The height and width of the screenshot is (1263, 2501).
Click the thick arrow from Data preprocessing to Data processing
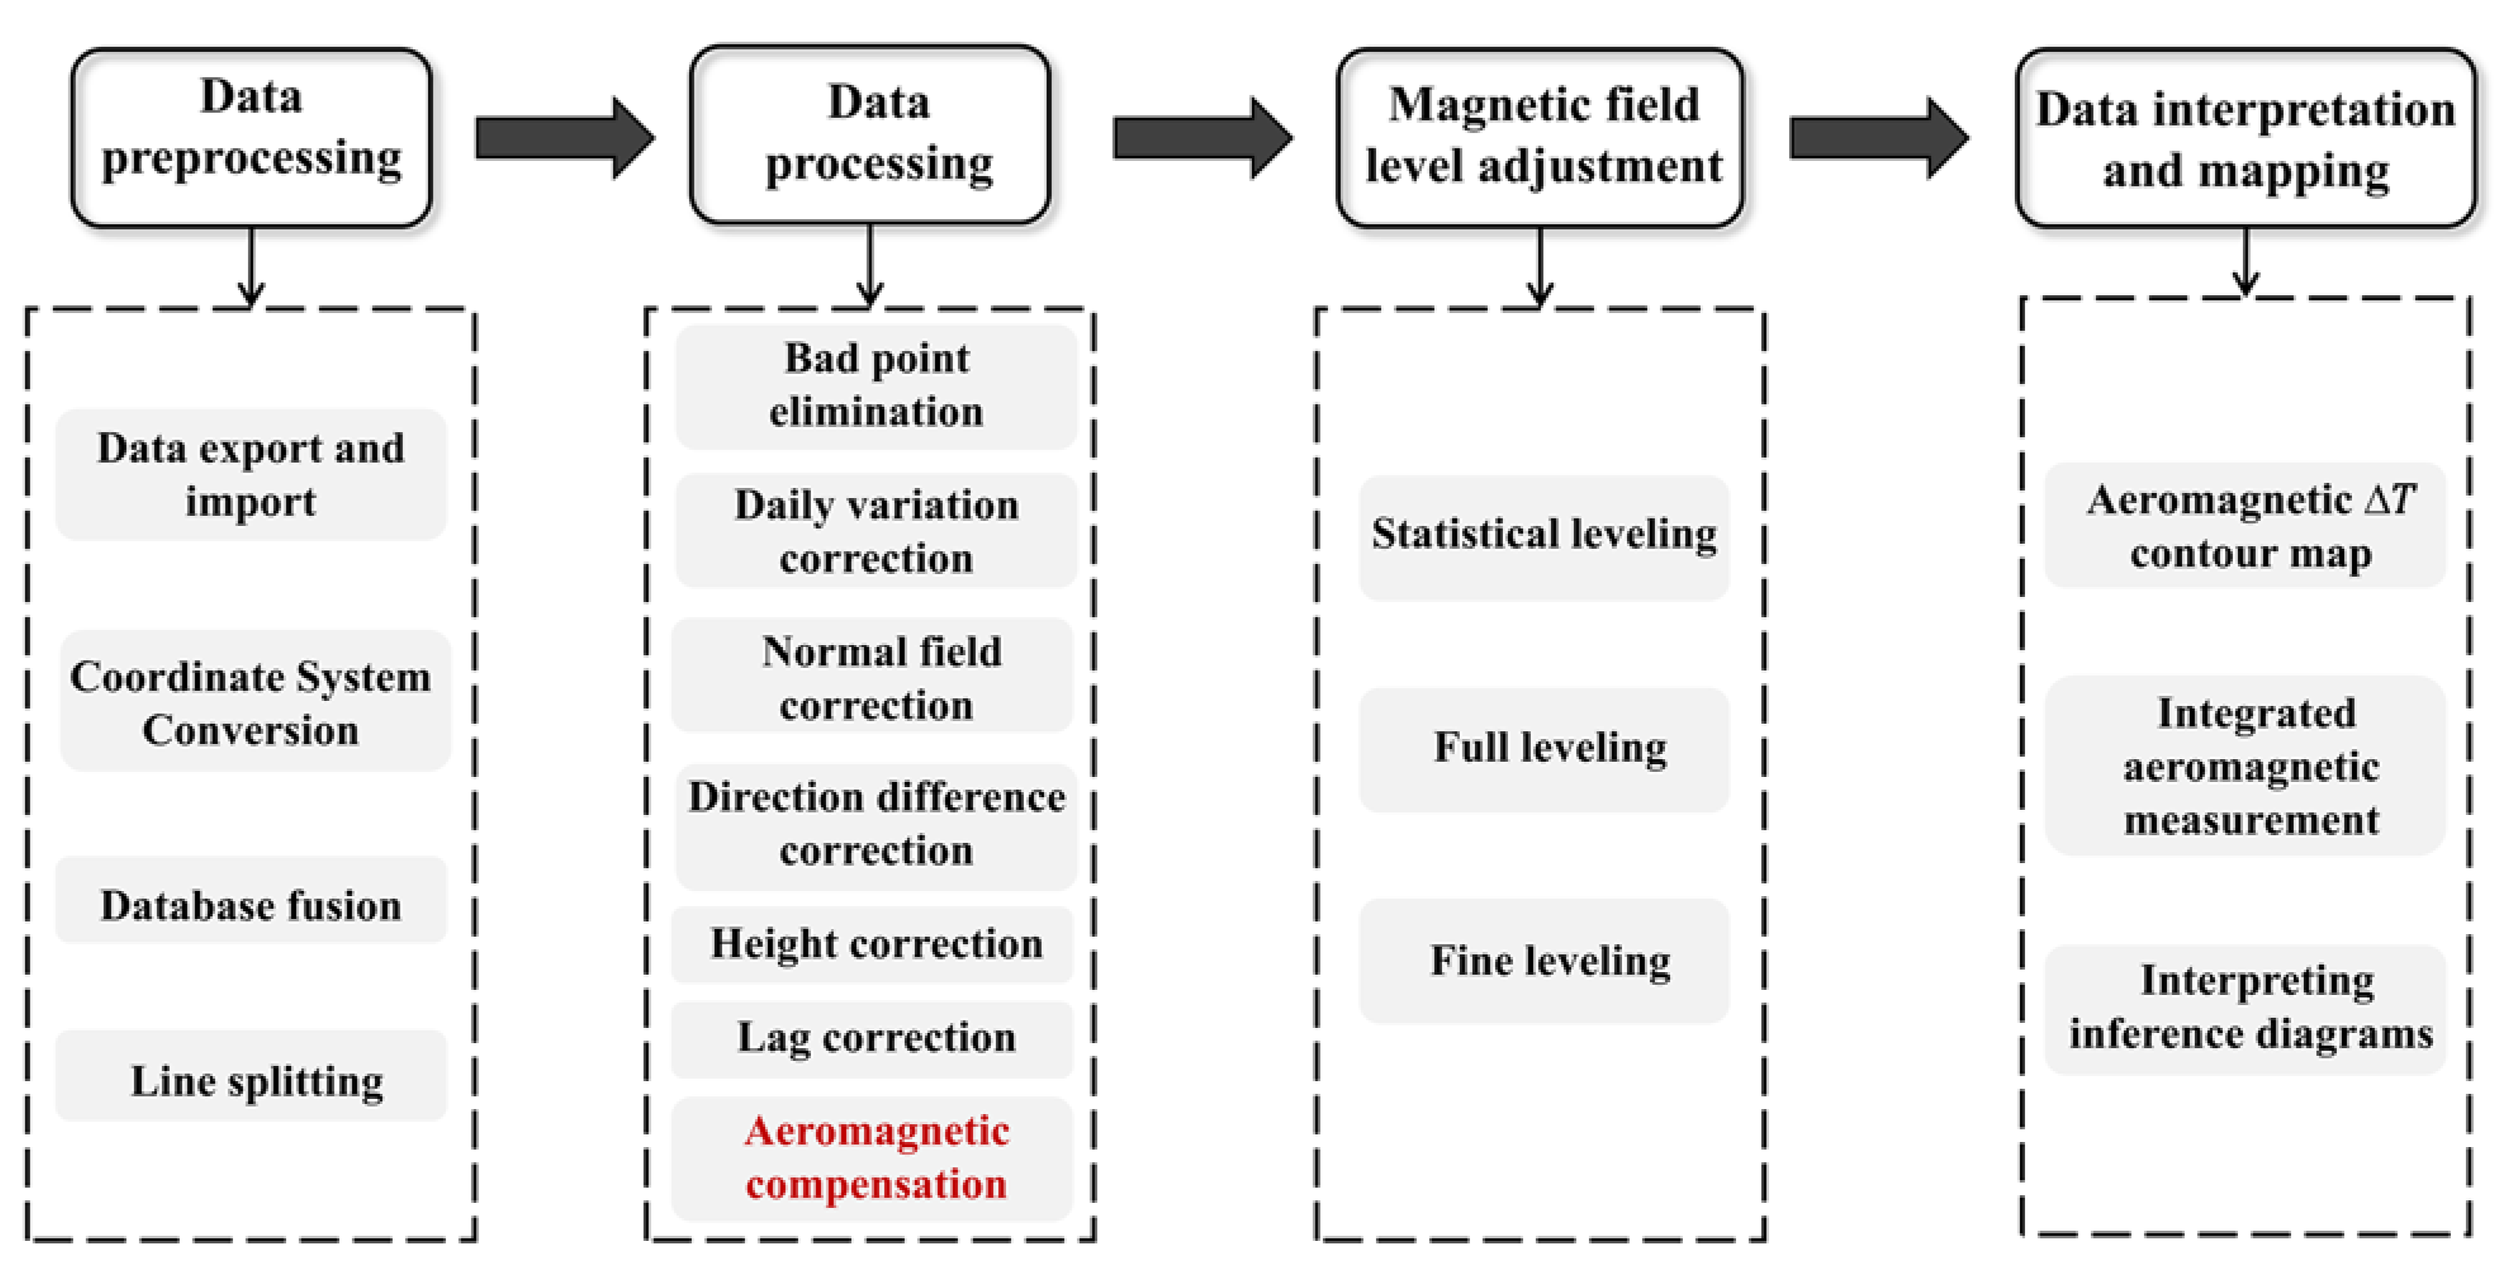pos(563,138)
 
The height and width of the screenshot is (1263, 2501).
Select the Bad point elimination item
pos(876,385)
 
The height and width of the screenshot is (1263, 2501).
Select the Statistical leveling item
pos(1543,535)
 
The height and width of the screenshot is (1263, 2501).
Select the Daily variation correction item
pos(876,531)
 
